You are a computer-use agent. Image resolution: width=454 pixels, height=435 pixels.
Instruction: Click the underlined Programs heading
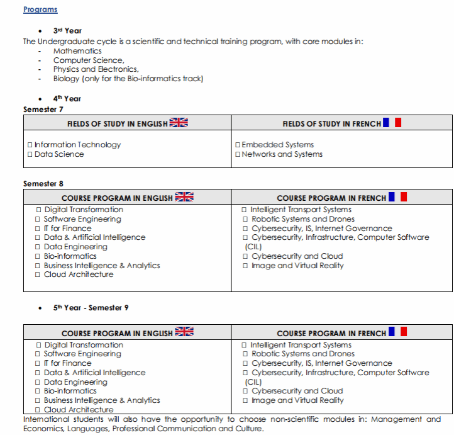point(40,9)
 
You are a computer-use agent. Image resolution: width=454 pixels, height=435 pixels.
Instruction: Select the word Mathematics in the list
point(77,51)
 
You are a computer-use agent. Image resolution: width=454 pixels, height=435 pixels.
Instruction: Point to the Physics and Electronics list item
point(96,69)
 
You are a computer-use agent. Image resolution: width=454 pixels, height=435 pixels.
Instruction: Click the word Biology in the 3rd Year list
point(66,79)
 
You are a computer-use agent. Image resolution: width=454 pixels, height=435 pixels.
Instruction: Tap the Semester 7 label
point(43,109)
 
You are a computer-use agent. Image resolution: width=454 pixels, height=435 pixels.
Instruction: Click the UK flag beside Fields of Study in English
point(179,123)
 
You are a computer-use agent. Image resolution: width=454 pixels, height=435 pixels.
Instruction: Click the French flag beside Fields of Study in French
point(395,123)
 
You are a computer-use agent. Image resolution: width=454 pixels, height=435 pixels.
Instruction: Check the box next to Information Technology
point(30,145)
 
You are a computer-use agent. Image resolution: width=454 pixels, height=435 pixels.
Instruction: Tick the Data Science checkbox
point(30,154)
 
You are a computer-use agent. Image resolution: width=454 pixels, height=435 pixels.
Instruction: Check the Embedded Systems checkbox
point(238,145)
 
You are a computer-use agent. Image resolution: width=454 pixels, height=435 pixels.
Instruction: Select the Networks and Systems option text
point(282,154)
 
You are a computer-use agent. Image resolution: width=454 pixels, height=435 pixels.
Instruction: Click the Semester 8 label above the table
point(43,184)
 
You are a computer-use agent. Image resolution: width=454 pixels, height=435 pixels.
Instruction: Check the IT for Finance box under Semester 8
point(39,229)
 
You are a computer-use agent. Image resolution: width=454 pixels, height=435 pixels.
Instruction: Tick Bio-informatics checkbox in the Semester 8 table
point(39,256)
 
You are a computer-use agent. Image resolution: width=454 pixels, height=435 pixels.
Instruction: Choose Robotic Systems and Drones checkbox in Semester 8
point(245,219)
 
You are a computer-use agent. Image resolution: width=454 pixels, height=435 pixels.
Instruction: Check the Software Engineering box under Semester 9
point(39,354)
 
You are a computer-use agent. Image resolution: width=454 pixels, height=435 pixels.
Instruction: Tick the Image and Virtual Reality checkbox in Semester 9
point(245,400)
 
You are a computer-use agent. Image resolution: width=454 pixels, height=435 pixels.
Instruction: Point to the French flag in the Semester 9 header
point(398,332)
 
